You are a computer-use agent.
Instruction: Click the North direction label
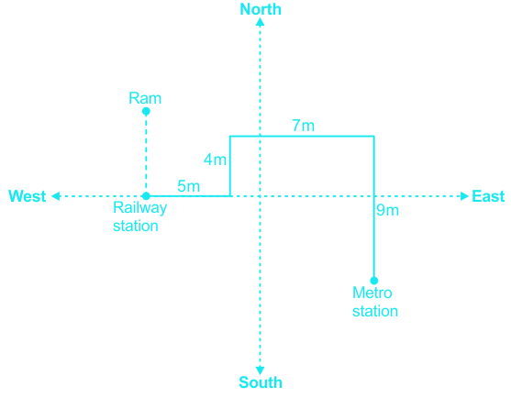261,9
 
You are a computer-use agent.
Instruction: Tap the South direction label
261,382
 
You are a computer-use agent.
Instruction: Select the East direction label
488,196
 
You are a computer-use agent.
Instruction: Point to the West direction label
27,196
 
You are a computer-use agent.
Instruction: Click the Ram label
145,98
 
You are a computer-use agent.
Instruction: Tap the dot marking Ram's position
146,111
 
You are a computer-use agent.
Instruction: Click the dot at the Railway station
146,196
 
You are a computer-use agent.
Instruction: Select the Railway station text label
139,216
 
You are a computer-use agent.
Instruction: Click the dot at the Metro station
374,281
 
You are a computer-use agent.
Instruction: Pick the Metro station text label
375,302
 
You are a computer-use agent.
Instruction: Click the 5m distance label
188,186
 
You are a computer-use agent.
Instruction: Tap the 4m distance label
215,160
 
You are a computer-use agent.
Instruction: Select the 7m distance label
303,126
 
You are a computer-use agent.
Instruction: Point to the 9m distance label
388,210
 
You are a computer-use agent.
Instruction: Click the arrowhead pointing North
260,22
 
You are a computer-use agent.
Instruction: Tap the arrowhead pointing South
260,370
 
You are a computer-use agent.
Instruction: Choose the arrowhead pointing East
464,196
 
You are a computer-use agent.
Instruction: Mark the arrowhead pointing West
56,196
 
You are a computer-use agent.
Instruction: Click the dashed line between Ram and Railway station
146,154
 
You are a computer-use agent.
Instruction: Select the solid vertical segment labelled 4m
230,166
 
